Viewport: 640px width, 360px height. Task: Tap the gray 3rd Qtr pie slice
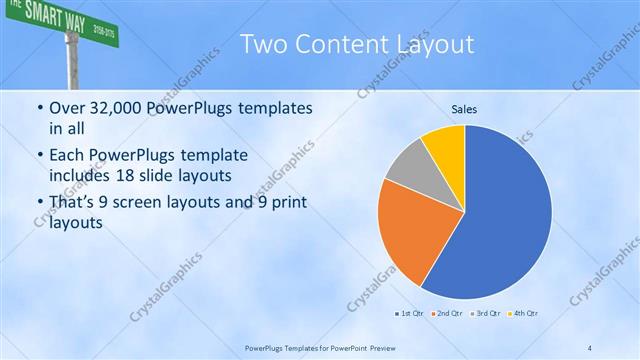(408, 170)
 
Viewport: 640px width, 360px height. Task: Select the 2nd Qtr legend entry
(445, 315)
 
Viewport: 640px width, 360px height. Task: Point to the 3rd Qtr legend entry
(485, 315)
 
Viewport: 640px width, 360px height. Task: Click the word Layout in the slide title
(433, 45)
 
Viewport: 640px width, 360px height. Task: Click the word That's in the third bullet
(72, 204)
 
